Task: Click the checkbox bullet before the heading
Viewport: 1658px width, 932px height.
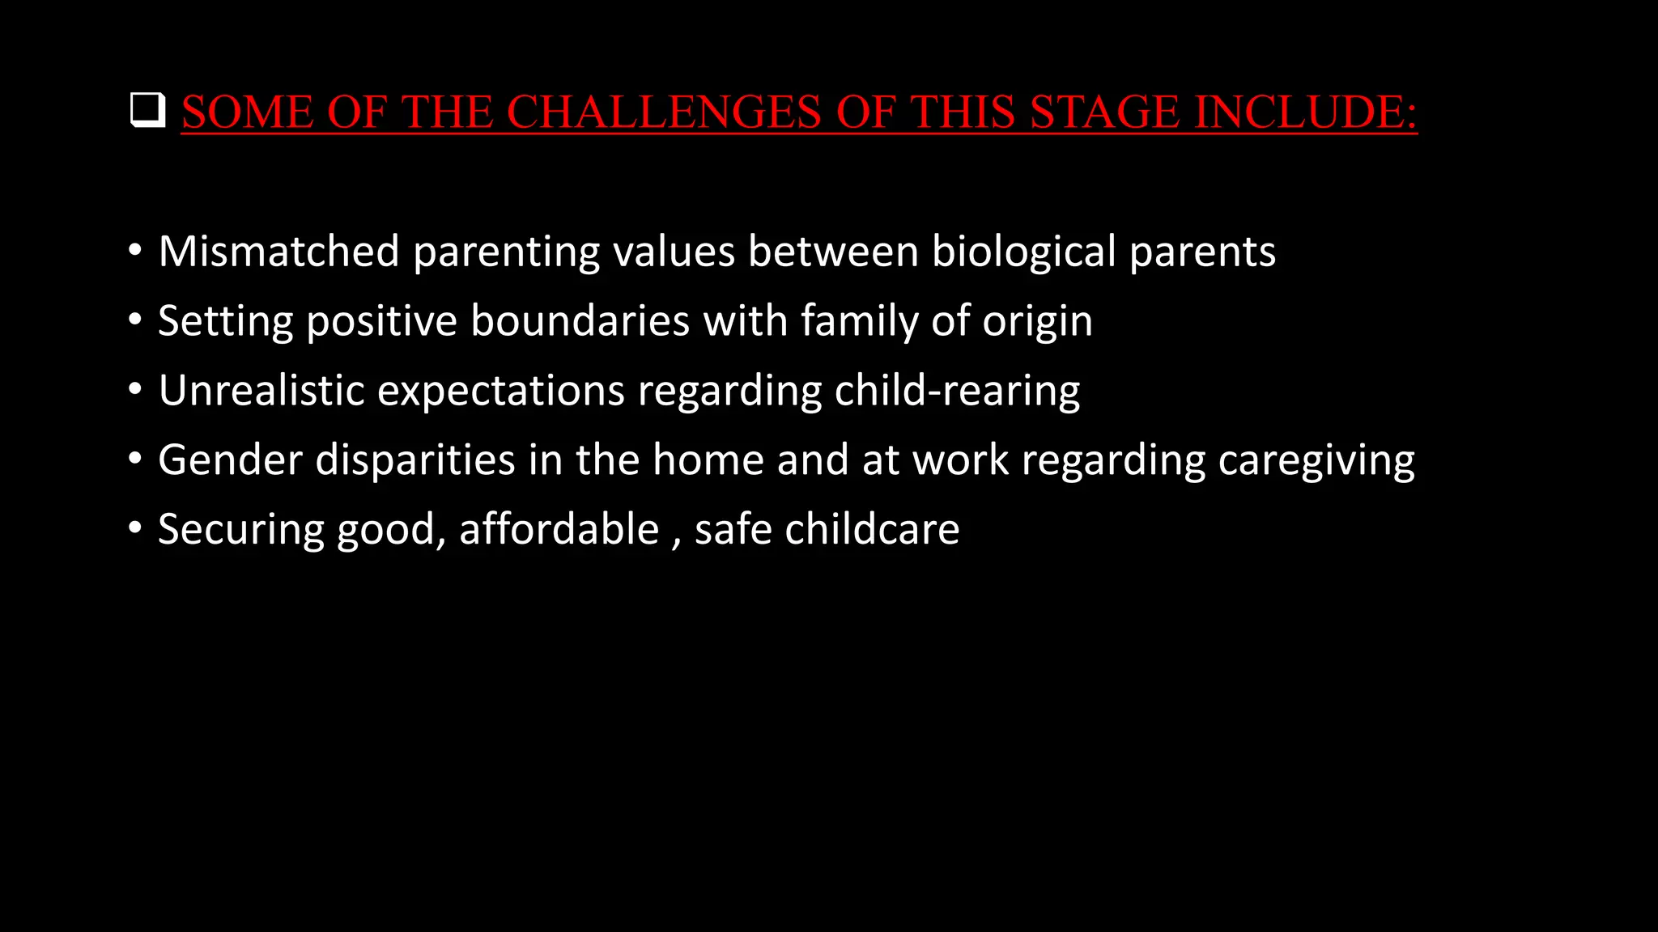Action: point(147,111)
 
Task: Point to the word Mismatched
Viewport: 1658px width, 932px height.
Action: point(278,251)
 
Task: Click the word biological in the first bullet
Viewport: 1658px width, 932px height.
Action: point(1023,251)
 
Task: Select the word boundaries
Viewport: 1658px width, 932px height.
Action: point(580,320)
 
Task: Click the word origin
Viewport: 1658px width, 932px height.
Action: point(1037,322)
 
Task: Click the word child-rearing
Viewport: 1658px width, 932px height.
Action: point(957,391)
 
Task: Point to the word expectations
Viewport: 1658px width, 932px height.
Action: point(501,392)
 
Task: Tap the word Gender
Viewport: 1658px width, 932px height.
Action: point(230,460)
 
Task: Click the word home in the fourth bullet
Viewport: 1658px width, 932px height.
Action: point(708,460)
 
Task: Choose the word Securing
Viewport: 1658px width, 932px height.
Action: point(240,530)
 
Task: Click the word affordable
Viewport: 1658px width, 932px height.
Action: point(559,529)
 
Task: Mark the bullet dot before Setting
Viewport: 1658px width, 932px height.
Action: point(135,320)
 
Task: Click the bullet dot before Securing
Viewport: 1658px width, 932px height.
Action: point(135,529)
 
